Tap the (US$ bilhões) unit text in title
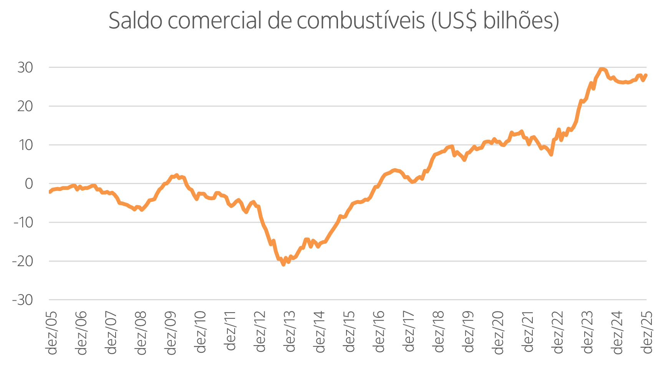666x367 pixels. pos(495,21)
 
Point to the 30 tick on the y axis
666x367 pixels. pos(25,67)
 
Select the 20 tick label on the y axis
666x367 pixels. pos(25,106)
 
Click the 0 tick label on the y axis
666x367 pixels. pos(29,184)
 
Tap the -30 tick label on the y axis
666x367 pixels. pos(23,300)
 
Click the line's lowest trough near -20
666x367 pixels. pos(283,264)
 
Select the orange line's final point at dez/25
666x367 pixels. pos(646,75)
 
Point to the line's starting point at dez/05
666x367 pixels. pos(50,192)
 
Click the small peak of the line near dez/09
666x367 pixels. pos(176,175)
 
